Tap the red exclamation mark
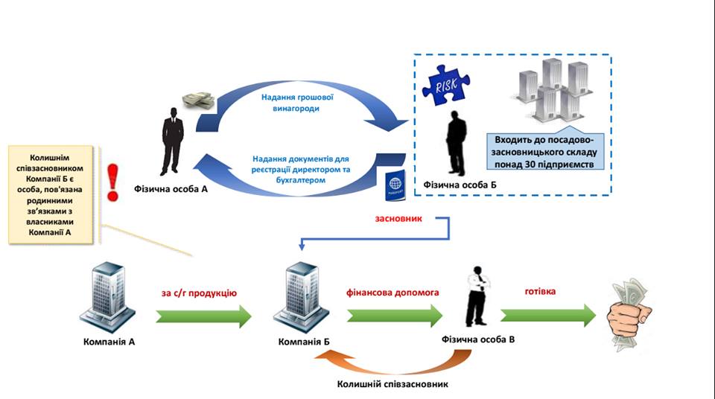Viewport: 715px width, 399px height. pyautogui.click(x=112, y=182)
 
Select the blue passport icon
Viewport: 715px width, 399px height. pyautogui.click(x=395, y=185)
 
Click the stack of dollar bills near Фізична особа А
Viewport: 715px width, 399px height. pyautogui.click(x=199, y=100)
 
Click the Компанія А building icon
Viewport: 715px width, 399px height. pyautogui.click(x=107, y=296)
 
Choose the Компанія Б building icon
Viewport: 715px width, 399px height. pyautogui.click(x=302, y=296)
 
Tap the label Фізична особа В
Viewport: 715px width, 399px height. pyautogui.click(x=478, y=339)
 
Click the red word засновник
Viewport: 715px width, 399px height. pyautogui.click(x=398, y=218)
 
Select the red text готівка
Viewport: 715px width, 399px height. pyautogui.click(x=541, y=291)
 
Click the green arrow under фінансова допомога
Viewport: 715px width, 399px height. pyautogui.click(x=395, y=316)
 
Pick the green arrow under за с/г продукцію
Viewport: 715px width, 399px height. pyautogui.click(x=203, y=316)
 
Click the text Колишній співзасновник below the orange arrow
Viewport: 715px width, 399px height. pyautogui.click(x=393, y=384)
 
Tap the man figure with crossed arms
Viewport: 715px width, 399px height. pyautogui.click(x=477, y=296)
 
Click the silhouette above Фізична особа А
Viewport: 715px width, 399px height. pyautogui.click(x=172, y=141)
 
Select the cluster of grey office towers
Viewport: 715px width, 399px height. pyautogui.click(x=552, y=92)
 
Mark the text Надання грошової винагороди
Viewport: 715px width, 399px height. pyautogui.click(x=297, y=103)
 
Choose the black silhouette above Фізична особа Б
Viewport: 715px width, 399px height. pyautogui.click(x=456, y=143)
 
